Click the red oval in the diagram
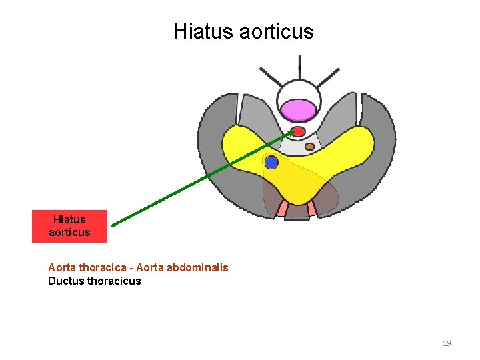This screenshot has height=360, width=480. (299, 131)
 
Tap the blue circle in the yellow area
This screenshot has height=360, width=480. (271, 162)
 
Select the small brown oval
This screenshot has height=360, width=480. (309, 147)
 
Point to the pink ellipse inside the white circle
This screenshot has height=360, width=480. (298, 110)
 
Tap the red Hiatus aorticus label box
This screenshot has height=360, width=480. (69, 226)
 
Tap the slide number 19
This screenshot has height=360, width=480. (447, 343)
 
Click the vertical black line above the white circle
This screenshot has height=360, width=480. (300, 63)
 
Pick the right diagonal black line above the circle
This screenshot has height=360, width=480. (328, 77)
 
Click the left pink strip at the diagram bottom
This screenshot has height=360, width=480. (283, 209)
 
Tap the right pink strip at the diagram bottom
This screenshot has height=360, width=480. (311, 209)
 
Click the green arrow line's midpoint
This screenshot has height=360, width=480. (202, 177)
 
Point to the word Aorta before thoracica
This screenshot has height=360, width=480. (62, 267)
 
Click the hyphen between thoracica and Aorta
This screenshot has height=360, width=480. (132, 267)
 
